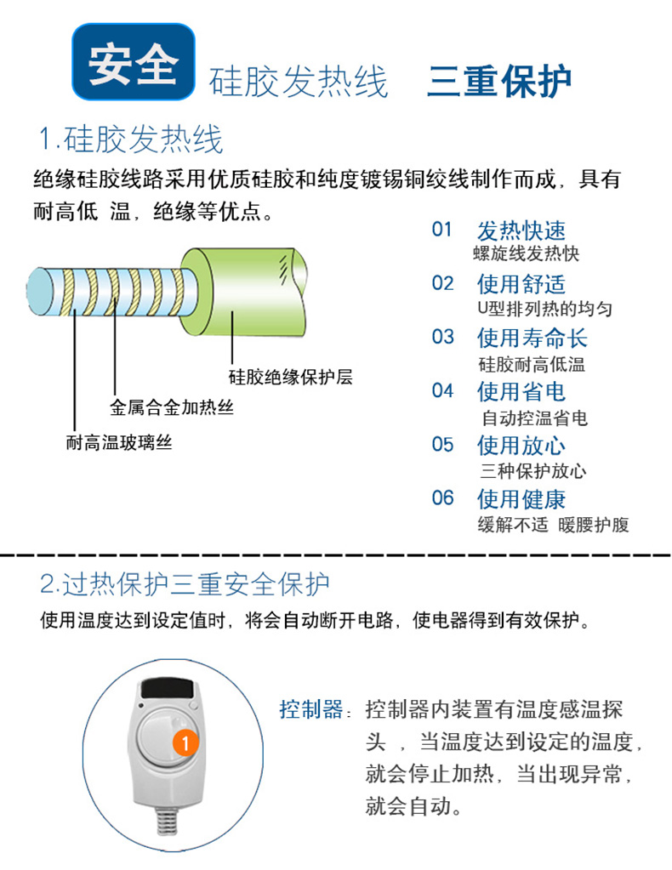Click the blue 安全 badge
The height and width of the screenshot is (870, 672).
134,61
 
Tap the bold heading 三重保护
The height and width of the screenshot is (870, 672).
498,82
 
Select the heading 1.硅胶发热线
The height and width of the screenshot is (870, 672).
131,139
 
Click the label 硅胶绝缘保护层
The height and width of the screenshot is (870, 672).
290,378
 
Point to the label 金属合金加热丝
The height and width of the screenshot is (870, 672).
172,408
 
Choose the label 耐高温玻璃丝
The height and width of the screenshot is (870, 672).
119,443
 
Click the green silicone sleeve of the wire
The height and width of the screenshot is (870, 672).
244,292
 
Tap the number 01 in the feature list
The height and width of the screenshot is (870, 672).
442,229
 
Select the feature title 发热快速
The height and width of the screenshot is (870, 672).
521,230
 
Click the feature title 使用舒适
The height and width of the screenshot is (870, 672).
521,284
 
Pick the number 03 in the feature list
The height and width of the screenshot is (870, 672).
443,337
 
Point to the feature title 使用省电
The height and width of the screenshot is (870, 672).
521,392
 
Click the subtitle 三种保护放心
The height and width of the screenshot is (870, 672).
533,471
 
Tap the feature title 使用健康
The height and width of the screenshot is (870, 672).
521,499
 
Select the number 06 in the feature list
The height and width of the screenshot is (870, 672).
443,498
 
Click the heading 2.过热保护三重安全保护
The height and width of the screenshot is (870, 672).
185,584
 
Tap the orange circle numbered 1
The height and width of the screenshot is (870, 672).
185,743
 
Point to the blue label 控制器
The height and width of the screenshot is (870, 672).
311,709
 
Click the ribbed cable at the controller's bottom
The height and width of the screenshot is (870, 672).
167,820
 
